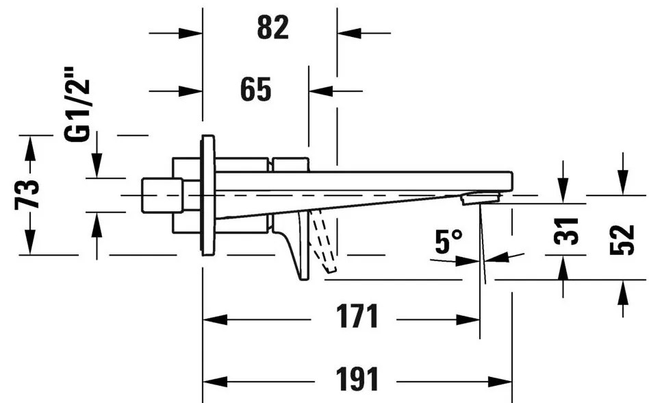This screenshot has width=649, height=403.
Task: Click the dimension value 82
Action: point(272,27)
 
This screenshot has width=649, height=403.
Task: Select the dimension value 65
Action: point(256,89)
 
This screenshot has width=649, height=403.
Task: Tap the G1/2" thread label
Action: point(77,104)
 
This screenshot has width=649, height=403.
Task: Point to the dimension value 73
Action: point(28,195)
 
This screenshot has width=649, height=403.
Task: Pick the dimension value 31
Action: point(565,231)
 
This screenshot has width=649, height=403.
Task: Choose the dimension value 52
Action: point(622,241)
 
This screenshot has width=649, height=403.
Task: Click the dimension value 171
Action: point(357,317)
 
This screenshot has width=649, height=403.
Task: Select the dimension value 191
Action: point(357,379)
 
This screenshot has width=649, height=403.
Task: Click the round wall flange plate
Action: point(208,195)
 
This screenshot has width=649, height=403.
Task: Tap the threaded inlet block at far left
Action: point(162,195)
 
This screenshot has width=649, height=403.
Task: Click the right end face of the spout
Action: point(512,182)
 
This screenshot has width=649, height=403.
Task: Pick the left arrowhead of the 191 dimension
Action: point(215,382)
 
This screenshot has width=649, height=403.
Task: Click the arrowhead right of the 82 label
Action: point(349,33)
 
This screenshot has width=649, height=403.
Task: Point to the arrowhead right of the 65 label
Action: point(321,91)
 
